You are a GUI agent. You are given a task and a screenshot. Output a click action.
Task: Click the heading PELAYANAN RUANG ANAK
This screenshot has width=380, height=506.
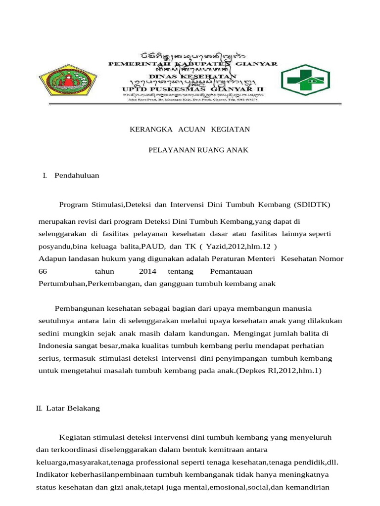coord(198,150)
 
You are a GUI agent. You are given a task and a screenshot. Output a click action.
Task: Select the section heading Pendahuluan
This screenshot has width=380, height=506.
coord(77,175)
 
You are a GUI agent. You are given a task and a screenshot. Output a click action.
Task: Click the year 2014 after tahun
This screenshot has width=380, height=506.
coord(147,271)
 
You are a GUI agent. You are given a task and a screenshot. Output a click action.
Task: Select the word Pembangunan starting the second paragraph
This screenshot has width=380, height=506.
coord(79,308)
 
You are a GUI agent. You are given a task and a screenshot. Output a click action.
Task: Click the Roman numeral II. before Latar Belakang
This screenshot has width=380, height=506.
coord(40,408)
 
